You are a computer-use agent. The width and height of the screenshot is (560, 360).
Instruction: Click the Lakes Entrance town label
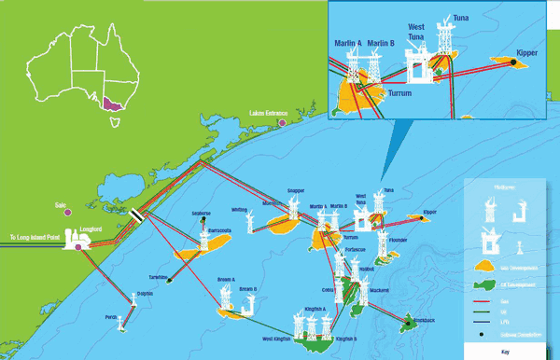point(270,112)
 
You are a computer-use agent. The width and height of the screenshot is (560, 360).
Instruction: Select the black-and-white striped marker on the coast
point(137,214)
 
